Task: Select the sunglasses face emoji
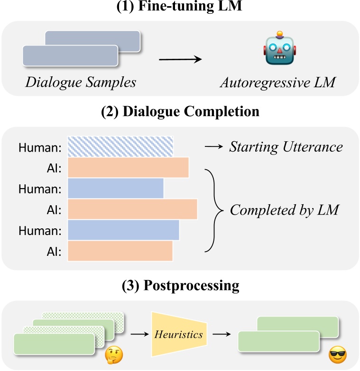tap(338, 354)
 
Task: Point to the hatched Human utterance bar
tap(120, 147)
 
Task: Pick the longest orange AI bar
tap(132, 209)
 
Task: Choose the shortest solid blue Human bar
tap(116, 188)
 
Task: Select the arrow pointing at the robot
tap(180, 59)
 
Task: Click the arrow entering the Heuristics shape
tap(138, 335)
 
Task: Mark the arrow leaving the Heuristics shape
tap(221, 335)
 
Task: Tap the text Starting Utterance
tap(286, 147)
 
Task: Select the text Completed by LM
tap(284, 209)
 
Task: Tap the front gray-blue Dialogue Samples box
tap(70, 56)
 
